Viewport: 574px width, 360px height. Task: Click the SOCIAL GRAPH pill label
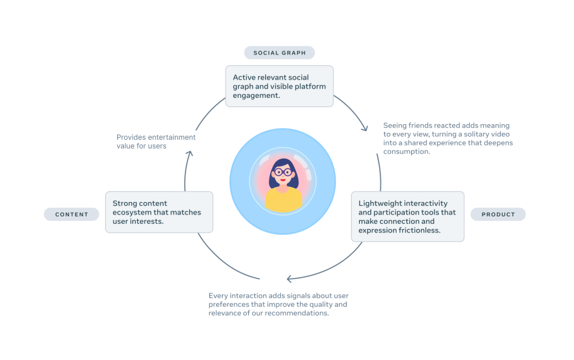[279, 53]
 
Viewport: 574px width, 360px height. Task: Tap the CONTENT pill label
[71, 214]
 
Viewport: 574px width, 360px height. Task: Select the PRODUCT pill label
[498, 214]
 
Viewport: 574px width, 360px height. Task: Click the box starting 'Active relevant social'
[279, 87]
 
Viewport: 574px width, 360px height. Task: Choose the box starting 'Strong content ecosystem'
[159, 212]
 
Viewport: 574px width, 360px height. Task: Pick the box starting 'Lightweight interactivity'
[407, 216]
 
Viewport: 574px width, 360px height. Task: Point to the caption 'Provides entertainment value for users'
[156, 141]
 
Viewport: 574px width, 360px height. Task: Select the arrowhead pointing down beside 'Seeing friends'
[365, 127]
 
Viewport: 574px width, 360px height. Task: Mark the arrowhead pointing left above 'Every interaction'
[289, 278]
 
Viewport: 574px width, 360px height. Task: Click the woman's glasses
[283, 172]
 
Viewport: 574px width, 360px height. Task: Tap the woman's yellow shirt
[284, 199]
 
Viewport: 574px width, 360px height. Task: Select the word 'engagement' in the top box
[256, 96]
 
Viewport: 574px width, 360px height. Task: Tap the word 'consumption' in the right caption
[407, 151]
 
